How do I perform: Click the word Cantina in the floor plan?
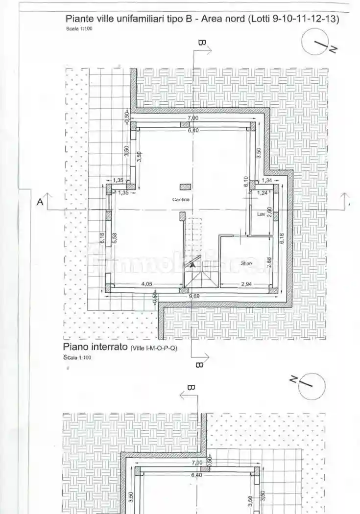coord(181,200)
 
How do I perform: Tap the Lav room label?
coord(261,214)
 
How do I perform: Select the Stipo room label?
coord(246,264)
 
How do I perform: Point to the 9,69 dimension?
coord(194,296)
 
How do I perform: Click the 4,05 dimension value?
coord(146,284)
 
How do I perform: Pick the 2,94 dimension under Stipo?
coord(246,284)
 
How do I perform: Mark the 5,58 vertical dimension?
coord(114,238)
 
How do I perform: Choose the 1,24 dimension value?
coord(263,193)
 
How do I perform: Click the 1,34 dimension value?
coord(266,181)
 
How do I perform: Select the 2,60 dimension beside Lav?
coord(270,214)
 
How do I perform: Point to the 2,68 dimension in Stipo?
coord(270,262)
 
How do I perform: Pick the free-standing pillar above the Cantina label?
coord(185,187)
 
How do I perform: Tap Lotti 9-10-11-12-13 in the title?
coord(294,19)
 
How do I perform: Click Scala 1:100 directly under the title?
coord(79,29)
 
